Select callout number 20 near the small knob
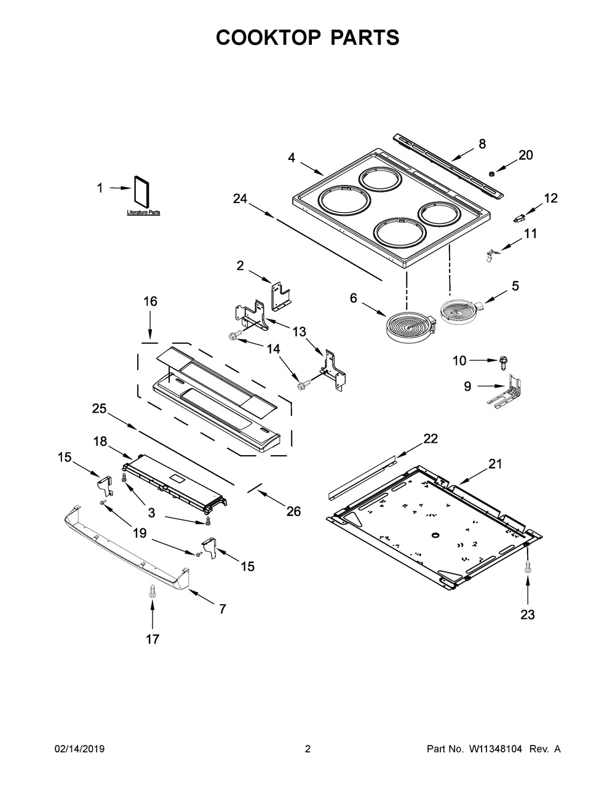(x=525, y=155)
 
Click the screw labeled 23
(x=528, y=568)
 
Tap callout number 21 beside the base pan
(x=494, y=464)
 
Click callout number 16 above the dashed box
(x=150, y=301)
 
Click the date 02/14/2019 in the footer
(x=79, y=749)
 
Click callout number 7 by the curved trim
(x=222, y=609)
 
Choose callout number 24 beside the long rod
(x=240, y=198)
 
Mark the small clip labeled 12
(x=521, y=217)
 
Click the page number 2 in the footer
(x=307, y=749)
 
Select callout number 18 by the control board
(x=100, y=441)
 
